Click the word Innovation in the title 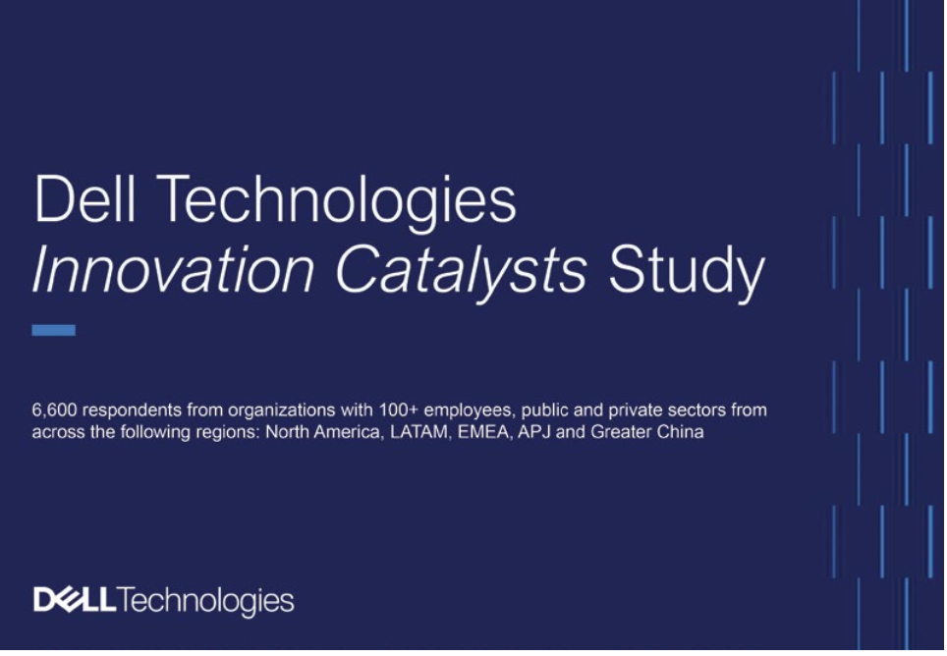(x=173, y=269)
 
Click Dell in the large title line (x=84, y=198)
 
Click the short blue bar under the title (x=54, y=330)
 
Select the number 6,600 (x=54, y=410)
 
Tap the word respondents (x=132, y=411)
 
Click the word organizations (x=281, y=411)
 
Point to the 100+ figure (x=399, y=410)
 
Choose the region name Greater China (x=646, y=433)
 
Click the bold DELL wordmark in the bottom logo (x=75, y=599)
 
